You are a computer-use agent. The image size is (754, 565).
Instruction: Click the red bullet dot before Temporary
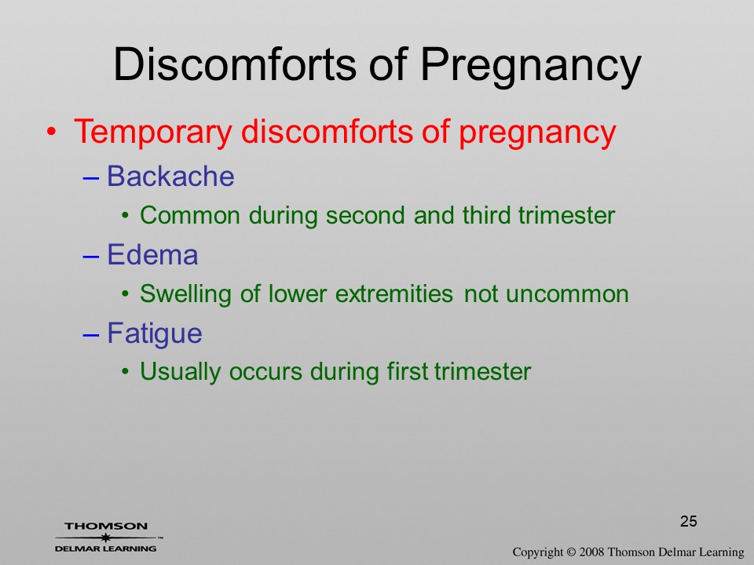[x=52, y=132]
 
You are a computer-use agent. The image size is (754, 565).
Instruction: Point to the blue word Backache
[x=170, y=176]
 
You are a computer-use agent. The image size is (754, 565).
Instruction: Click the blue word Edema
[x=152, y=254]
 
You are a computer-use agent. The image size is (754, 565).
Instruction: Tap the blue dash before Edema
[x=91, y=257]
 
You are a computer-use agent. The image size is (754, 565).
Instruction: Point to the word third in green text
[x=487, y=215]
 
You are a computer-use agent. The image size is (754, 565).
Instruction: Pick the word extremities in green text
[x=394, y=293]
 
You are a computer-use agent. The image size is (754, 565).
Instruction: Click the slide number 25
[x=689, y=521]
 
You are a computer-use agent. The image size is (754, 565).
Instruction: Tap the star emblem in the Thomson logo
[x=105, y=538]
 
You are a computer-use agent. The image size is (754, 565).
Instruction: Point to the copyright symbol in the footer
[x=572, y=552]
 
